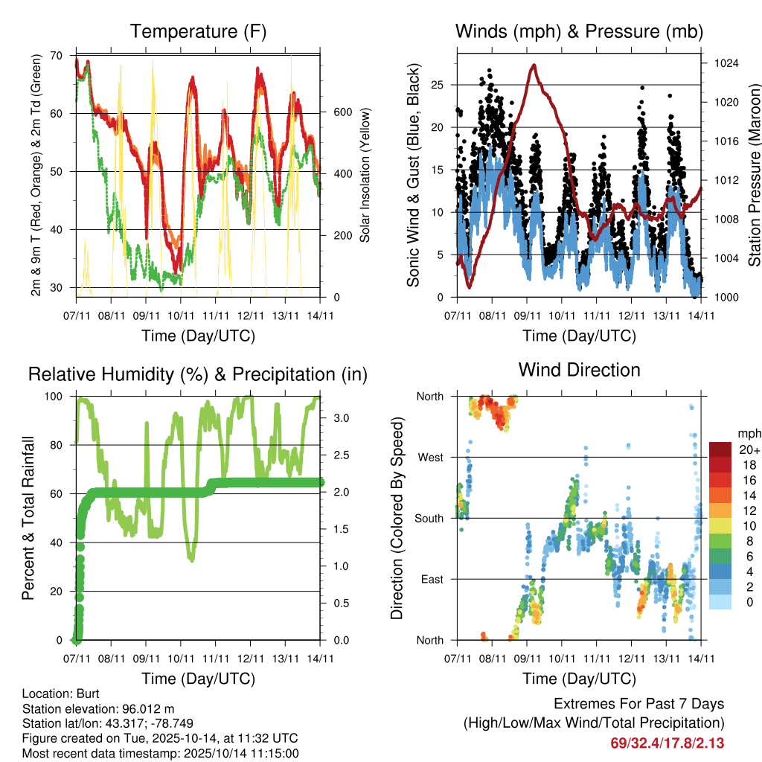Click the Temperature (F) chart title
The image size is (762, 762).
click(x=198, y=31)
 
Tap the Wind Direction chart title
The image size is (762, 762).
click(x=579, y=370)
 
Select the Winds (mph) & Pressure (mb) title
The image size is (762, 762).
click(x=579, y=31)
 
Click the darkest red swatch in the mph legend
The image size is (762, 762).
click(x=720, y=449)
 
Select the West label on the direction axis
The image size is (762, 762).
click(x=430, y=457)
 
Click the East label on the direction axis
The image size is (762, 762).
click(x=432, y=579)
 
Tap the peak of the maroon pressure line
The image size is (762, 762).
click(x=534, y=65)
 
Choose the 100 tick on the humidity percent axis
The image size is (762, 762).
click(x=54, y=397)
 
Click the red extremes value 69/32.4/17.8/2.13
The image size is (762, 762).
click(x=667, y=743)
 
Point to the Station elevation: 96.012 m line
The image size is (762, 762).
click(x=98, y=708)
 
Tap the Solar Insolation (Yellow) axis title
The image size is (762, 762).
click(x=365, y=175)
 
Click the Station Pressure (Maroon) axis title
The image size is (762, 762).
click(x=754, y=175)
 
